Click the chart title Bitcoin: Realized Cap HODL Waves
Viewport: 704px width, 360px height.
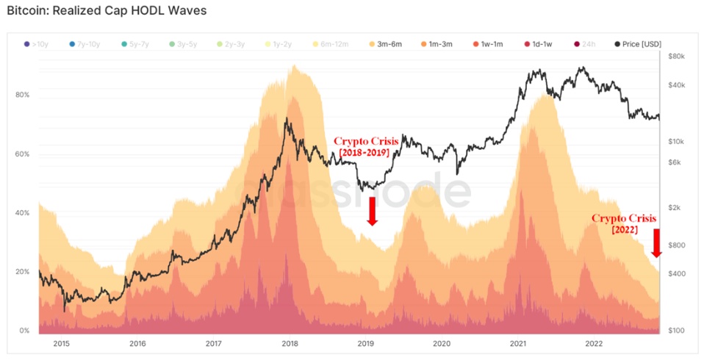[107, 11]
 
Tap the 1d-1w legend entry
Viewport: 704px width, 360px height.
[540, 45]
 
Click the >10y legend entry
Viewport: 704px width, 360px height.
[39, 45]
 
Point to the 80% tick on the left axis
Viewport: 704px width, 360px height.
[22, 96]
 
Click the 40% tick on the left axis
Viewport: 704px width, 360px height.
[22, 213]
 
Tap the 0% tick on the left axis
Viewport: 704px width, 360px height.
[24, 331]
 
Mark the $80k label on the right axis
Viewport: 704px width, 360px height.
[676, 57]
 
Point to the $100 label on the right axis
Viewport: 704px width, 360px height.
[676, 331]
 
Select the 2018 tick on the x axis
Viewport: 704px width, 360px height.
[290, 343]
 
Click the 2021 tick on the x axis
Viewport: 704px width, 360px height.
[518, 343]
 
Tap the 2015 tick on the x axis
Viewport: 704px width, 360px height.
[60, 343]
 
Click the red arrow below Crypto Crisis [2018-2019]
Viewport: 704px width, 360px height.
[373, 210]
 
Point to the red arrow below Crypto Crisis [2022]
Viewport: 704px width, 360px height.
[656, 243]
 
